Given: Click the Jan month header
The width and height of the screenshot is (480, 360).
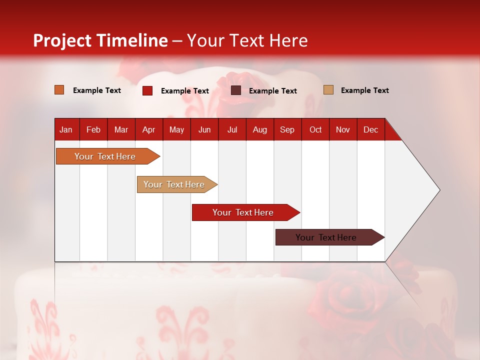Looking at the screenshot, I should [66, 129].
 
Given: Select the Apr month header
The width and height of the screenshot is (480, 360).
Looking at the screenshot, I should [149, 129].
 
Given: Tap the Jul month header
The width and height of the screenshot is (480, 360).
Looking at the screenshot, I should [232, 129].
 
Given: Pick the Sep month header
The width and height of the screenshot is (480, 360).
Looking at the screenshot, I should [287, 129].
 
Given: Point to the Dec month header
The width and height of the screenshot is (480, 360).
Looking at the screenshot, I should [370, 129].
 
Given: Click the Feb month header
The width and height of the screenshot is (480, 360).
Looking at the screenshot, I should [93, 129].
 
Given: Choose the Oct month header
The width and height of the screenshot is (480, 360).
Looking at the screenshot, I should [315, 129].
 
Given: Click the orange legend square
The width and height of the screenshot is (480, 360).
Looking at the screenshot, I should [59, 90].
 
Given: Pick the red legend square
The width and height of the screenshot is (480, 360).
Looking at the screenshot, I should [147, 90].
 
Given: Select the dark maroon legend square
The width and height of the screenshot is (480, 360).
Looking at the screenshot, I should [236, 90].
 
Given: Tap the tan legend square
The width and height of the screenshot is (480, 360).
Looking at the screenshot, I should [328, 90].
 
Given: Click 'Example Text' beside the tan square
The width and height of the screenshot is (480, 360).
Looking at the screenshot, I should [364, 90].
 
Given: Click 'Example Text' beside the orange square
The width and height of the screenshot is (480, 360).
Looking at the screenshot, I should [97, 90].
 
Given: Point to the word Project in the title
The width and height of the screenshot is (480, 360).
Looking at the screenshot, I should [62, 40].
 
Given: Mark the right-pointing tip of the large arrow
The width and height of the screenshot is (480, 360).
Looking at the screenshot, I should [439, 190].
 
